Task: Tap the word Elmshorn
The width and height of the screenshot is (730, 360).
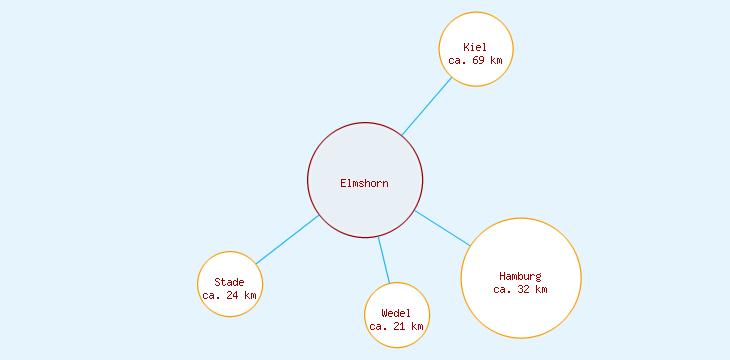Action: [365, 183]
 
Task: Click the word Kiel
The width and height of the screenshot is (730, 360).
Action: [476, 47]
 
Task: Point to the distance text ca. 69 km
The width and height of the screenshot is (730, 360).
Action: [476, 60]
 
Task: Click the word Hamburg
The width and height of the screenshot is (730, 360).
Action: [521, 276]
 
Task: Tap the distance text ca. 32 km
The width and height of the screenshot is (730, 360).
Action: [521, 289]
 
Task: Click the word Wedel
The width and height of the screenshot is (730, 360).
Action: [397, 313]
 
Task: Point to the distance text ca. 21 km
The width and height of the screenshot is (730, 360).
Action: [397, 326]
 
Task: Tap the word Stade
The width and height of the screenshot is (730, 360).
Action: [230, 282]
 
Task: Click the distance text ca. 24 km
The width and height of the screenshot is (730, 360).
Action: [230, 295]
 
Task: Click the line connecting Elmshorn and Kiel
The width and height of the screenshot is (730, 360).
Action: [427, 106]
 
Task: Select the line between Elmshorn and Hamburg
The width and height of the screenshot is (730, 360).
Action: [442, 228]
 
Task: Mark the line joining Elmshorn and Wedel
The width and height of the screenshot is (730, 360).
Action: [384, 260]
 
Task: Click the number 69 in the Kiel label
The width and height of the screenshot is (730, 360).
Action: [479, 60]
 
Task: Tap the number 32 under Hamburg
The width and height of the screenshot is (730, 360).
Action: [524, 289]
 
